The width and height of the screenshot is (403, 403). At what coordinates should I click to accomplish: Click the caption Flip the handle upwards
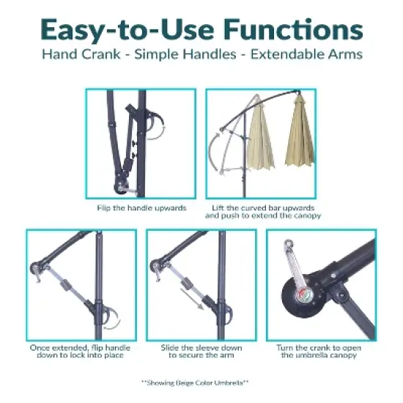pyautogui.click(x=141, y=208)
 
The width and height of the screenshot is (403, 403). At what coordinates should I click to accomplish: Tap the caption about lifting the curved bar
pyautogui.click(x=262, y=212)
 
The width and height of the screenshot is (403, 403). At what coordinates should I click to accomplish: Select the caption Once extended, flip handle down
pyautogui.click(x=81, y=351)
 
